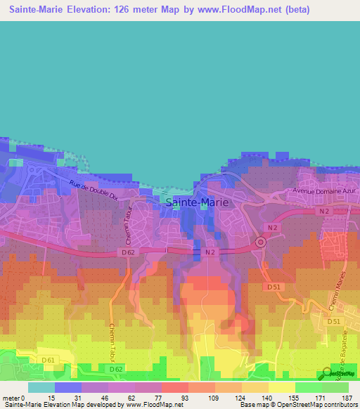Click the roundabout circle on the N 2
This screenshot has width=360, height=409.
coord(259,242)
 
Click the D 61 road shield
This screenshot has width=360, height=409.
coord(49,361)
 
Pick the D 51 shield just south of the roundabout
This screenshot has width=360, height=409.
coord(274,287)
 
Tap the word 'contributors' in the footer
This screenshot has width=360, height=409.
coord(335,405)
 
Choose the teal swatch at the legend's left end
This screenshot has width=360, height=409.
coord(41,387)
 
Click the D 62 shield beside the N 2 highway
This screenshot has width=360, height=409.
coord(127,252)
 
